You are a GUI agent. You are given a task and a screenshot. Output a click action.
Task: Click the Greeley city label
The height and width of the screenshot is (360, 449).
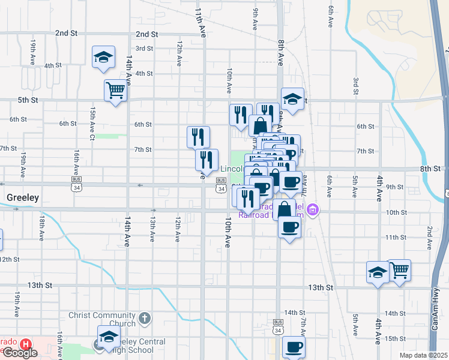22,197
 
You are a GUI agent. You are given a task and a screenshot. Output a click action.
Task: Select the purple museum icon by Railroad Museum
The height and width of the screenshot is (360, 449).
313,210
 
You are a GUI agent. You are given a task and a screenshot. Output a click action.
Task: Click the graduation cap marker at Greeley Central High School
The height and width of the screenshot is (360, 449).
109,336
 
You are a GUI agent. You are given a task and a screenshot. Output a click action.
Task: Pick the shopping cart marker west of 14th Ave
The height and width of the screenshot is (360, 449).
115,91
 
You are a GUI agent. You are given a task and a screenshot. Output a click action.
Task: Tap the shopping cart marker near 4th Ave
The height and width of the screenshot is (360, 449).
399,270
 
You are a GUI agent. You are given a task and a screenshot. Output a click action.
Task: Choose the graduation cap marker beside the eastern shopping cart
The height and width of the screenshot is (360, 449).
378,272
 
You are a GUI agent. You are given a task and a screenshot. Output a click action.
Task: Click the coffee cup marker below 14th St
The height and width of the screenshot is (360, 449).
294,346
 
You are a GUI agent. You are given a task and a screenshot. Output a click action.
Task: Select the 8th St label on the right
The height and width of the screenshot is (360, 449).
430,169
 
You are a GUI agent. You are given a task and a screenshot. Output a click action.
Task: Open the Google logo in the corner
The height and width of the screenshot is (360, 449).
20,352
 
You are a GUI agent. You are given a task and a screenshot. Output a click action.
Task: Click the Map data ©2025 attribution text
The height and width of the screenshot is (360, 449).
424,355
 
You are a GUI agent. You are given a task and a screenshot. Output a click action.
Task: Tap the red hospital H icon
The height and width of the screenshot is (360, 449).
26,345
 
